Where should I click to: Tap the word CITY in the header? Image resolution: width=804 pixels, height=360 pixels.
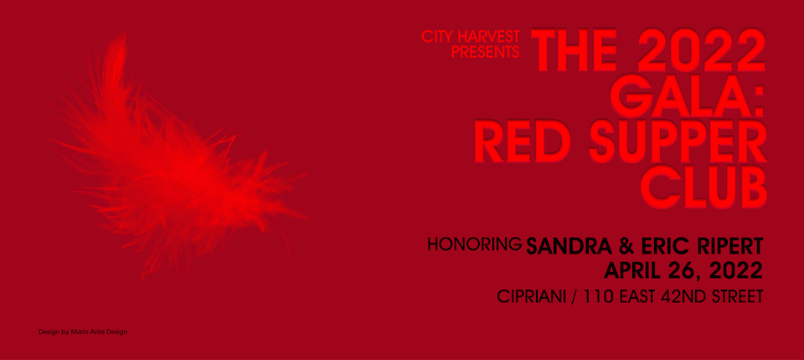(x=437, y=36)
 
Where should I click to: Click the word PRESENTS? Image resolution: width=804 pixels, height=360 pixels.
(x=485, y=51)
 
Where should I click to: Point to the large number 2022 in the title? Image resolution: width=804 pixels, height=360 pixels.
(x=700, y=50)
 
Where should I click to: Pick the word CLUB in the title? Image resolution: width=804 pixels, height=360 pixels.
(x=703, y=188)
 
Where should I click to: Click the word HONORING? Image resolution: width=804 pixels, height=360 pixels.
(x=475, y=244)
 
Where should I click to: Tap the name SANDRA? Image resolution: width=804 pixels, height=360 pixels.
(x=569, y=246)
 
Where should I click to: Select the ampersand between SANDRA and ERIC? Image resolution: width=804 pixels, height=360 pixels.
(x=626, y=246)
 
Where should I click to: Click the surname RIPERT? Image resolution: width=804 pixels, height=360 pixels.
(x=727, y=246)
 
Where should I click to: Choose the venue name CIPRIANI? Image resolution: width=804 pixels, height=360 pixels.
(x=531, y=296)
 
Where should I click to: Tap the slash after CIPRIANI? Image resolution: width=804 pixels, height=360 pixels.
(x=574, y=297)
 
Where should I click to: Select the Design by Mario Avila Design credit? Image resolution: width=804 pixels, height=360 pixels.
(x=83, y=332)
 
